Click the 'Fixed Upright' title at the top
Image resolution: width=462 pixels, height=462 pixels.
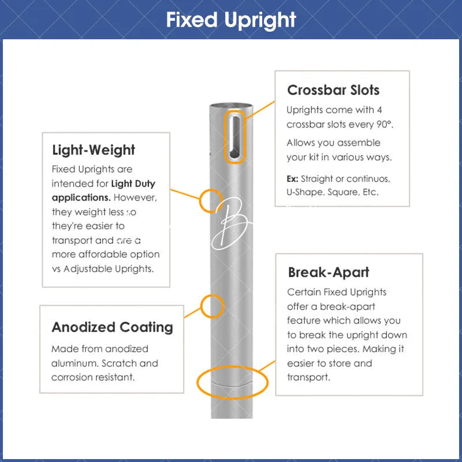(231, 20)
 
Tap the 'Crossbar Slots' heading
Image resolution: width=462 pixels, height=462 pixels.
(333, 90)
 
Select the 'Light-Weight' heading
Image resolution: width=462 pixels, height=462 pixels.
(94, 150)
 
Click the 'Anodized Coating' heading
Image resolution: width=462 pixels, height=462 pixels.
(112, 327)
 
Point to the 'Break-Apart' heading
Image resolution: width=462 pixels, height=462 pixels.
(329, 272)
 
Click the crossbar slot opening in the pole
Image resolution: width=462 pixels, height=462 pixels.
(236, 137)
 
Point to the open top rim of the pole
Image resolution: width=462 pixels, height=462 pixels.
(231, 106)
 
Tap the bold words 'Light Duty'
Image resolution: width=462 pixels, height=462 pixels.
(133, 184)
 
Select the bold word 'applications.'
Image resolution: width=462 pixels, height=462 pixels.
(81, 198)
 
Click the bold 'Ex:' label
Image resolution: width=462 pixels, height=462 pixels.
(292, 179)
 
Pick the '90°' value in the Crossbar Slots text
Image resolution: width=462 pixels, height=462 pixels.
(385, 124)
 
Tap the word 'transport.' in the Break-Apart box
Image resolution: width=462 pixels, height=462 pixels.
(308, 378)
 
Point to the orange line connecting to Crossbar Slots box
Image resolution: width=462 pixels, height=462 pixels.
(260, 110)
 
